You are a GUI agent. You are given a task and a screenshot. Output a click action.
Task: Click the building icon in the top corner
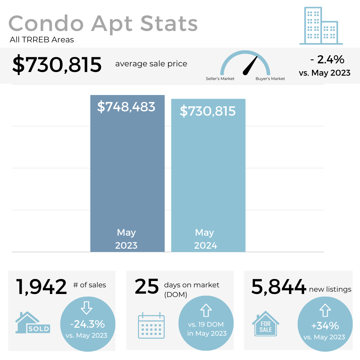321,26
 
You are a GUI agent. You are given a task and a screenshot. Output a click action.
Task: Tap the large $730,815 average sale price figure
57,65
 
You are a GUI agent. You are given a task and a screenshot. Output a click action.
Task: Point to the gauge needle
250,65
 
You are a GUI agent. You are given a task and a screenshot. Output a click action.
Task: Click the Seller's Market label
220,79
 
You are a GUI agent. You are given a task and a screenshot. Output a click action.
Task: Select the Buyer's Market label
270,79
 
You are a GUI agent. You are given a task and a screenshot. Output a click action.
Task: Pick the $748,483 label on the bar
126,107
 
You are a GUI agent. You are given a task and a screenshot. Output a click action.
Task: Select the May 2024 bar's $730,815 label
208,111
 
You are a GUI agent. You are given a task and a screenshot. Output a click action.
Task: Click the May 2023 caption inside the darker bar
126,239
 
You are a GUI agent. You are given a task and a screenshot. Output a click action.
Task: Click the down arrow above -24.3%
87,308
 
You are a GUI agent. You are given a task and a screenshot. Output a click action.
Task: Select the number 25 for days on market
147,287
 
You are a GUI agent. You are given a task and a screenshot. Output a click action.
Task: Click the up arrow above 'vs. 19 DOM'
206,310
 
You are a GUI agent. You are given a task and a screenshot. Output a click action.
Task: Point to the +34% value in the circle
325,326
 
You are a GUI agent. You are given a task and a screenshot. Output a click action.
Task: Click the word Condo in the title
46,24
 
